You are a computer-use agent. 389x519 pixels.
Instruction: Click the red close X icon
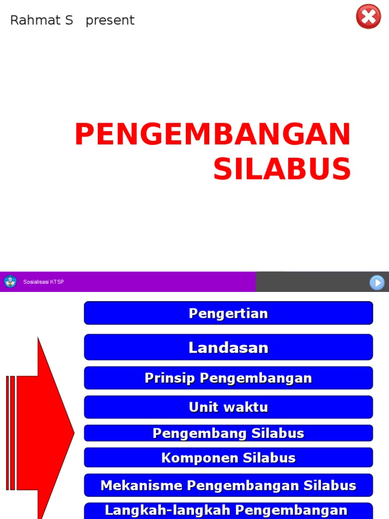(368, 17)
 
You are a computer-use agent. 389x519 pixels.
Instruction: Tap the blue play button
(377, 282)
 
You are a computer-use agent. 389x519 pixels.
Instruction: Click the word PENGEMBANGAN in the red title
(213, 135)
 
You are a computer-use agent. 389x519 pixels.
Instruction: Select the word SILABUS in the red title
(282, 169)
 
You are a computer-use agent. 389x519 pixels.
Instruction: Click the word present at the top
(110, 21)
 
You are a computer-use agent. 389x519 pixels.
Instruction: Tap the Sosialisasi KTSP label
(44, 282)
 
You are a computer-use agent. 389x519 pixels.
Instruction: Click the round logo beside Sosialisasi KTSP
(10, 282)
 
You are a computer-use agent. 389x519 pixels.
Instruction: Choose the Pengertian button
(228, 313)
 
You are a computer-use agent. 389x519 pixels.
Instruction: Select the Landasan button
(228, 347)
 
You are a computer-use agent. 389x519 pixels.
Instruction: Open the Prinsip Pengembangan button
(228, 378)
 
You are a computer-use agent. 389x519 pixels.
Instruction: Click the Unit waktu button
(228, 407)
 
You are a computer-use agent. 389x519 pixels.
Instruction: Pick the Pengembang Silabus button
(228, 433)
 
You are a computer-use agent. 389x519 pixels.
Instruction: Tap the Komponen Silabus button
(228, 458)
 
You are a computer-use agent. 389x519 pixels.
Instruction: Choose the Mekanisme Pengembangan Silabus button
(228, 486)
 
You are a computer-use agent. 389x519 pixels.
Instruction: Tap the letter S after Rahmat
(69, 20)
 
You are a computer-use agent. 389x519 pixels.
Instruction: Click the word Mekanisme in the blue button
(141, 486)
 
